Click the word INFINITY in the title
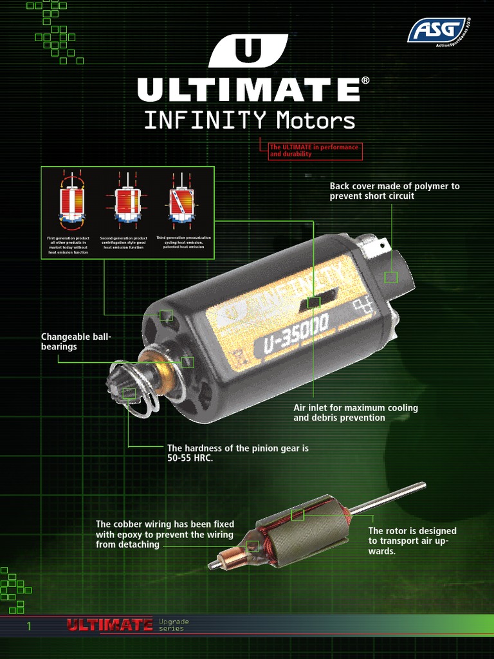205,120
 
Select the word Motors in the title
315,120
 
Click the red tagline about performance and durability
315,151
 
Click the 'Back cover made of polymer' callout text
394,191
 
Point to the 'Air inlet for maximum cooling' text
356,408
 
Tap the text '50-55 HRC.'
190,458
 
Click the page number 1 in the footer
29,626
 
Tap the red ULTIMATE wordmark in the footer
110,624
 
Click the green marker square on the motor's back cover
390,277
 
